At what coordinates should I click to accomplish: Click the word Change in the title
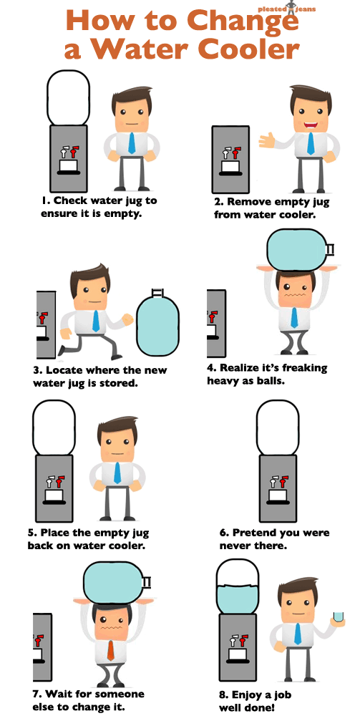click(x=244, y=21)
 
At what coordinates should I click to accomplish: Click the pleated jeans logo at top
click(x=286, y=9)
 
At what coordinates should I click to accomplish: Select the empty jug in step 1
click(x=69, y=97)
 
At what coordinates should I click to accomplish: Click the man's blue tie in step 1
click(x=132, y=142)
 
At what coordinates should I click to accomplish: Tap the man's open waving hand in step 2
click(x=268, y=140)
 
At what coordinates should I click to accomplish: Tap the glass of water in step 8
click(x=338, y=617)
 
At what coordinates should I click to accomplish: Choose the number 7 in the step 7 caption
click(x=37, y=694)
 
